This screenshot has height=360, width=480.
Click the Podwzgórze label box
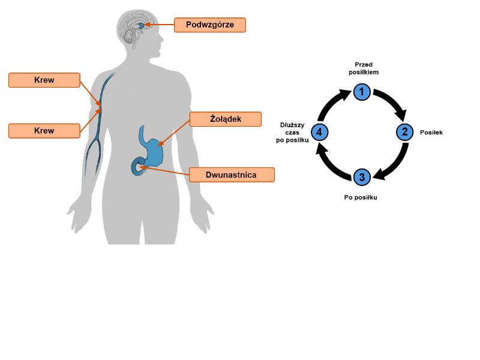click(210, 25)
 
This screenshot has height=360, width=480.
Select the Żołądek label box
click(226, 119)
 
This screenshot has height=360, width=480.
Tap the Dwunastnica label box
click(231, 175)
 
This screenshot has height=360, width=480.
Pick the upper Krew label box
click(44, 80)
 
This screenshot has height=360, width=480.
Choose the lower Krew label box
click(44, 131)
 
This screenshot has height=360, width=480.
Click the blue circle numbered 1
click(362, 92)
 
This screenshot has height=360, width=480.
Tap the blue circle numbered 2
click(405, 132)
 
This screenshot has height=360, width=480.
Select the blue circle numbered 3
click(362, 177)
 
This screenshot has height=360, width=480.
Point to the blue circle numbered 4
click(319, 132)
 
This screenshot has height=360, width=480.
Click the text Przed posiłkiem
click(364, 68)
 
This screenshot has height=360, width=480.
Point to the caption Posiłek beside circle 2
click(431, 132)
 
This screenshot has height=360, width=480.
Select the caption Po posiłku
click(361, 197)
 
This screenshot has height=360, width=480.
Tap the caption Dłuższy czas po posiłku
click(293, 132)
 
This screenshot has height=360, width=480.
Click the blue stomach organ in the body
click(153, 147)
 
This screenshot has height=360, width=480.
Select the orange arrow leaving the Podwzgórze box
click(160, 25)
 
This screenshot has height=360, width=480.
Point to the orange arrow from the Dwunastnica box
click(165, 171)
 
